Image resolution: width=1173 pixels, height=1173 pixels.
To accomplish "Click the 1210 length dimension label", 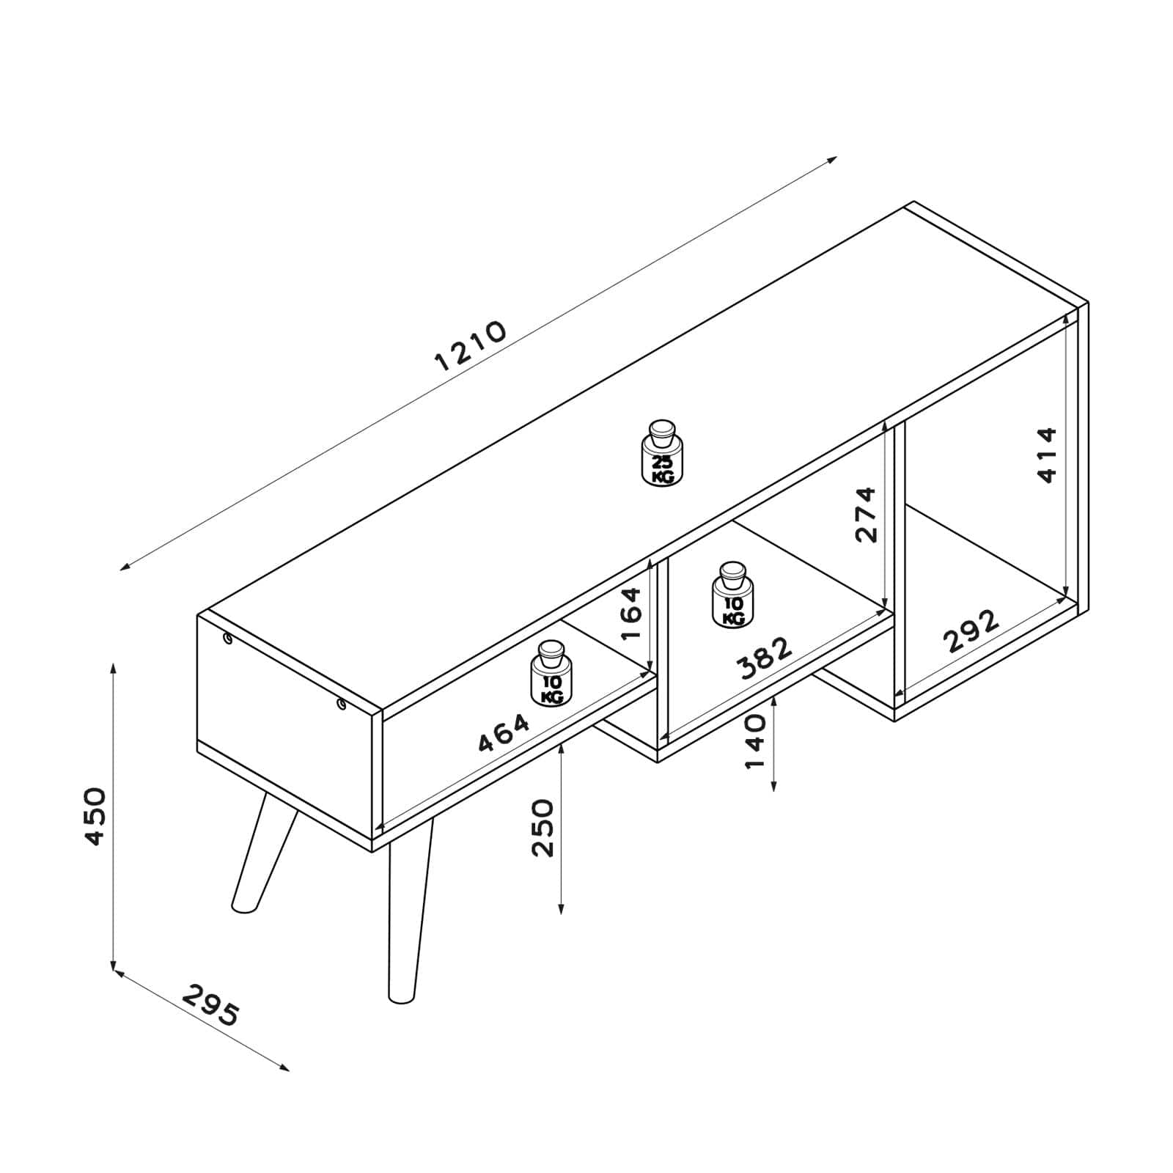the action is (x=471, y=346).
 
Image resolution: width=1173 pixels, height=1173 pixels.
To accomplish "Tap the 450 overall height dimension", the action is (x=95, y=817).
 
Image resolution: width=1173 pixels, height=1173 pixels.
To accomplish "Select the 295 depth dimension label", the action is (x=211, y=1005).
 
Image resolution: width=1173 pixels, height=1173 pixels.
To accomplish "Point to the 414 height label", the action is (x=1048, y=455).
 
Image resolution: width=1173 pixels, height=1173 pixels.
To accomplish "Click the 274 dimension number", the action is (x=866, y=514).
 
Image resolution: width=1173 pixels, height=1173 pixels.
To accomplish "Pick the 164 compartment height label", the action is (x=630, y=614).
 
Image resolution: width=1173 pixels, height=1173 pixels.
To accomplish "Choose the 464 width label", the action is (x=504, y=733).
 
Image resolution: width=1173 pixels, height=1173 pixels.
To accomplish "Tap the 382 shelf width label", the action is (x=765, y=658).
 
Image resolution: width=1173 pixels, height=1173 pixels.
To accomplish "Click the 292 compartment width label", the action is (x=971, y=630).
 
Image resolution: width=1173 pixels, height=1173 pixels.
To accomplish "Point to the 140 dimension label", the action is (x=754, y=742).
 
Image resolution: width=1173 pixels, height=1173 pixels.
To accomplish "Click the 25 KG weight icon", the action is (x=662, y=452).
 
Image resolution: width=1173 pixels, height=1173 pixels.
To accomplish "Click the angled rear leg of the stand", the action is (x=264, y=851).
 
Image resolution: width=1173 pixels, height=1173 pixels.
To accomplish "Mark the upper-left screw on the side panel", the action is (x=228, y=640).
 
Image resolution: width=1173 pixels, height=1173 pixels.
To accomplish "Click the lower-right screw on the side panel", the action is (x=342, y=705).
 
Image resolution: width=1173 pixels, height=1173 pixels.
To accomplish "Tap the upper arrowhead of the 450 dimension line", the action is (x=113, y=669).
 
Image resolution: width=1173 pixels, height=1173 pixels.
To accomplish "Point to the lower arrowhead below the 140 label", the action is (x=774, y=786).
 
